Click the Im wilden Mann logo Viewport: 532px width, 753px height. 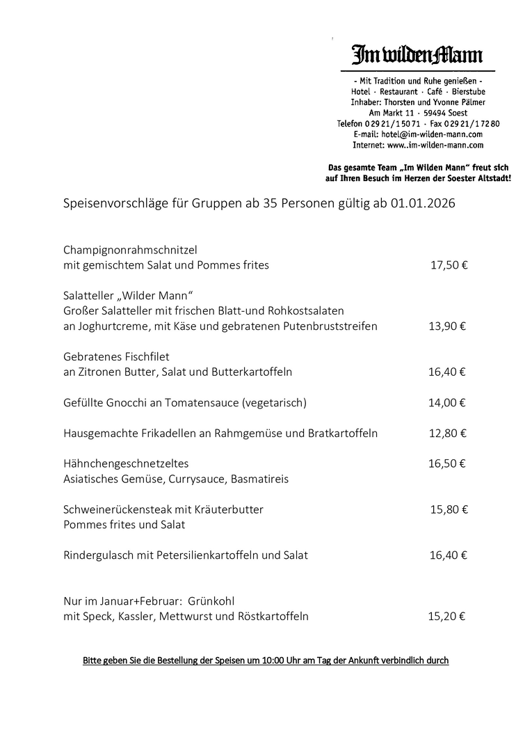coord(417,54)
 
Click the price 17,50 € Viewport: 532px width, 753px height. coord(449,265)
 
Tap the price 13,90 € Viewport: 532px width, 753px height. coord(447,326)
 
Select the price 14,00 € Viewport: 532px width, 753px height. coord(447,402)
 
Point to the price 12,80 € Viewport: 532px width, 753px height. coord(448,433)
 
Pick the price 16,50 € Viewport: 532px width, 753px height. coord(447,463)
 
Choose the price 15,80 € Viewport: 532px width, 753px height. coord(449,509)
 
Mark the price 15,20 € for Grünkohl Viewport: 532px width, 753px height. coord(446,616)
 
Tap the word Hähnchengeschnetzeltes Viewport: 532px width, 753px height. coord(126,463)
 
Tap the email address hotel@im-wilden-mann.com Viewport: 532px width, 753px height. coord(433,134)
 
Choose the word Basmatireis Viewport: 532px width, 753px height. coord(255,479)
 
